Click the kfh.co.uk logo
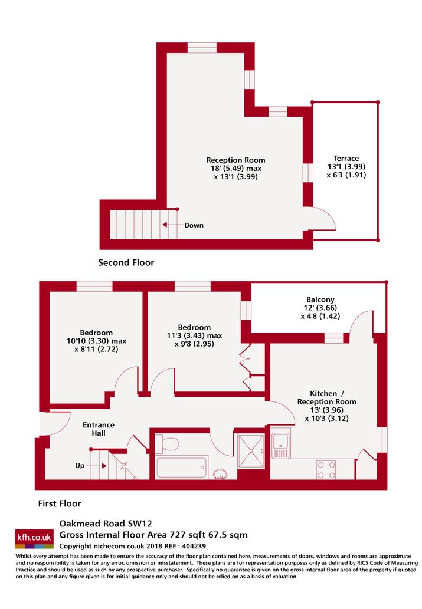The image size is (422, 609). [x=34, y=538]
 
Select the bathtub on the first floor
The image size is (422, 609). [x=181, y=468]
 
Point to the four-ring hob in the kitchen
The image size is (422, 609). [x=326, y=470]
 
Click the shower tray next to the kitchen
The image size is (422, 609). [x=251, y=451]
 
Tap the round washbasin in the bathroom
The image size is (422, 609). [x=221, y=474]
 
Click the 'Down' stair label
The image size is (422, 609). [x=194, y=225]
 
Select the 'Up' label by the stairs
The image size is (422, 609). [x=80, y=465]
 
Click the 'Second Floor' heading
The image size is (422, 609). [x=126, y=262]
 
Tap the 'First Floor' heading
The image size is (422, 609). [x=60, y=503]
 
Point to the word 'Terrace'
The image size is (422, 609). [x=346, y=158]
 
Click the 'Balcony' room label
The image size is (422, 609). [x=320, y=299]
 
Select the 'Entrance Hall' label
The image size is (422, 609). [x=99, y=429]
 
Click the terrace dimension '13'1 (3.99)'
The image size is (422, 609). [x=346, y=167]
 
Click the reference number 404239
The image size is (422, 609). [x=193, y=546]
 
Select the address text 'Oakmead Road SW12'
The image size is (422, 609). [x=106, y=523]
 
